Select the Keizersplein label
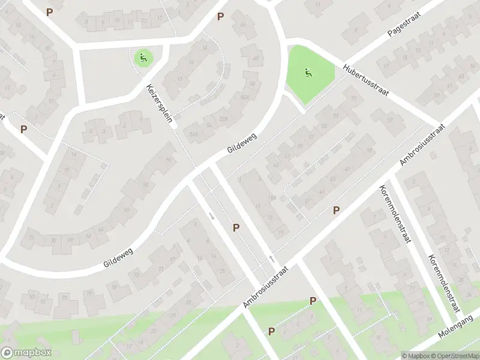(160, 103)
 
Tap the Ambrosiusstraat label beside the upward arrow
(266, 288)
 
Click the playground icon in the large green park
(308, 74)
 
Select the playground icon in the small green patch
(143, 58)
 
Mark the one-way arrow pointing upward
(271, 259)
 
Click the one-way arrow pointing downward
(211, 215)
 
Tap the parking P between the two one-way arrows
(236, 227)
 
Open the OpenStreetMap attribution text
(454, 355)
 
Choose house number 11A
(272, 198)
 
